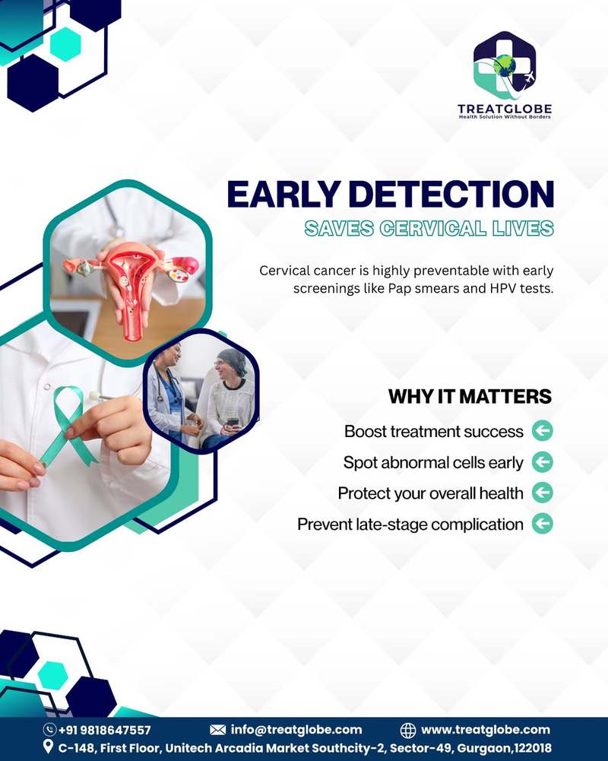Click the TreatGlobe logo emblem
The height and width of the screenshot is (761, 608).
(505, 65)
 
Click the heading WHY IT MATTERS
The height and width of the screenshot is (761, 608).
(470, 397)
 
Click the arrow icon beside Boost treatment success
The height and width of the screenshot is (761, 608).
(542, 431)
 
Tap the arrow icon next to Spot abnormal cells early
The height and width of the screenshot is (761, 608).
(542, 462)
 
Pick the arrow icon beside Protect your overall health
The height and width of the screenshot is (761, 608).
(542, 493)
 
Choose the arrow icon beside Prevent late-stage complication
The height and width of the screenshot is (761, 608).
(542, 524)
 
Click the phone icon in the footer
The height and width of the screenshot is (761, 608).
(49, 730)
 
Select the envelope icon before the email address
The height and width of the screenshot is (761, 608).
(218, 730)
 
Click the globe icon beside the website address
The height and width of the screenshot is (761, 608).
(408, 730)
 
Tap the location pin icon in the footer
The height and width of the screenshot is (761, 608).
(48, 747)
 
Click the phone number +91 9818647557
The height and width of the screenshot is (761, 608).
(104, 730)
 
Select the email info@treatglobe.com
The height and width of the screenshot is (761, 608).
(296, 730)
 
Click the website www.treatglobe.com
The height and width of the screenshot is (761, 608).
(486, 730)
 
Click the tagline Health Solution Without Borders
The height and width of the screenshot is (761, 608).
(505, 117)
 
